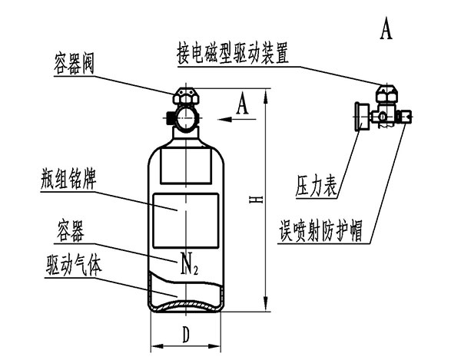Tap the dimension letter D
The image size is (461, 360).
pos(187,335)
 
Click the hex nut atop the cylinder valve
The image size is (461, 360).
pos(185,97)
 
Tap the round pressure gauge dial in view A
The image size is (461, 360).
pos(357,117)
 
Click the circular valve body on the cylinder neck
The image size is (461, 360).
pos(186,118)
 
